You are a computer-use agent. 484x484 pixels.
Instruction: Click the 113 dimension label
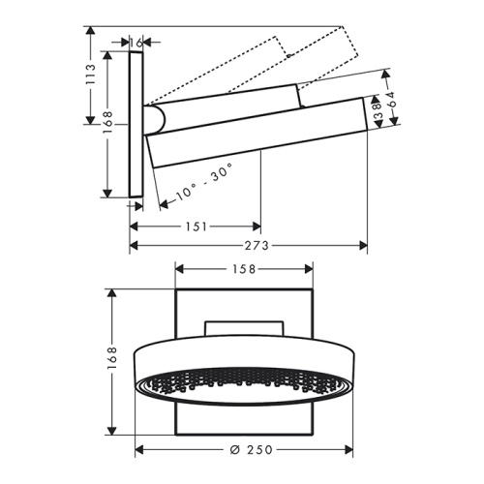click(91, 75)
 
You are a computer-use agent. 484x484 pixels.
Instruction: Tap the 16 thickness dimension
click(136, 43)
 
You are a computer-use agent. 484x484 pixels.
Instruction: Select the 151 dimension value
click(197, 227)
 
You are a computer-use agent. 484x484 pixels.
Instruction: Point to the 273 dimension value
click(257, 246)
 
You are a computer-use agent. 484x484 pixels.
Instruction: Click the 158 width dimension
click(244, 269)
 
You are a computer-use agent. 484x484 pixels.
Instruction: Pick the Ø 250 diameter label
click(252, 449)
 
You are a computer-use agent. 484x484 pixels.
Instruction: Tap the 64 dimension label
click(391, 100)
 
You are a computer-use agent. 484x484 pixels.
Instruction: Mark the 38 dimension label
click(377, 110)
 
